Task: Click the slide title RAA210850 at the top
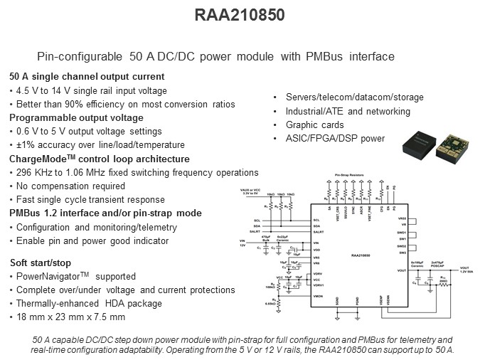coord(240,14)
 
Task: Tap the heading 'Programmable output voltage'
coord(77,118)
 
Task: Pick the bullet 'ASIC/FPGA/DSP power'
coord(336,139)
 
